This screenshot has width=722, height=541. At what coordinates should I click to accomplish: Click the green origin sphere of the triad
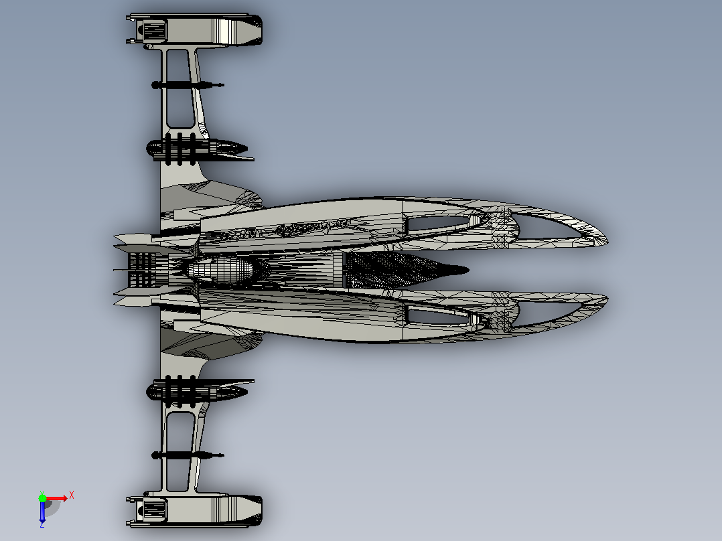pos(42,498)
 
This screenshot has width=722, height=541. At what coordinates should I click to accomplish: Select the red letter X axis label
pos(72,495)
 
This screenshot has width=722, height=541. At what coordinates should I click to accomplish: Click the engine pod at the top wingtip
pos(194,30)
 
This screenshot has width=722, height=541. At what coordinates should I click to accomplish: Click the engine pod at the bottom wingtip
pos(194,510)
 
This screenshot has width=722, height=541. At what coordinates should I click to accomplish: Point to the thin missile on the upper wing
pos(188,85)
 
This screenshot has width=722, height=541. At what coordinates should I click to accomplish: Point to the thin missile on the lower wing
pos(188,455)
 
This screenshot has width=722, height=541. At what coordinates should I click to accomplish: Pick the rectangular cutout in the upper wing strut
pos(179,88)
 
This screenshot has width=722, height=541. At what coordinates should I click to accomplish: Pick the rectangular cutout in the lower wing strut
pos(179,452)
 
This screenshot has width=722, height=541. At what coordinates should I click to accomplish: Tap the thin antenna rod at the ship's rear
pos(121,270)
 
